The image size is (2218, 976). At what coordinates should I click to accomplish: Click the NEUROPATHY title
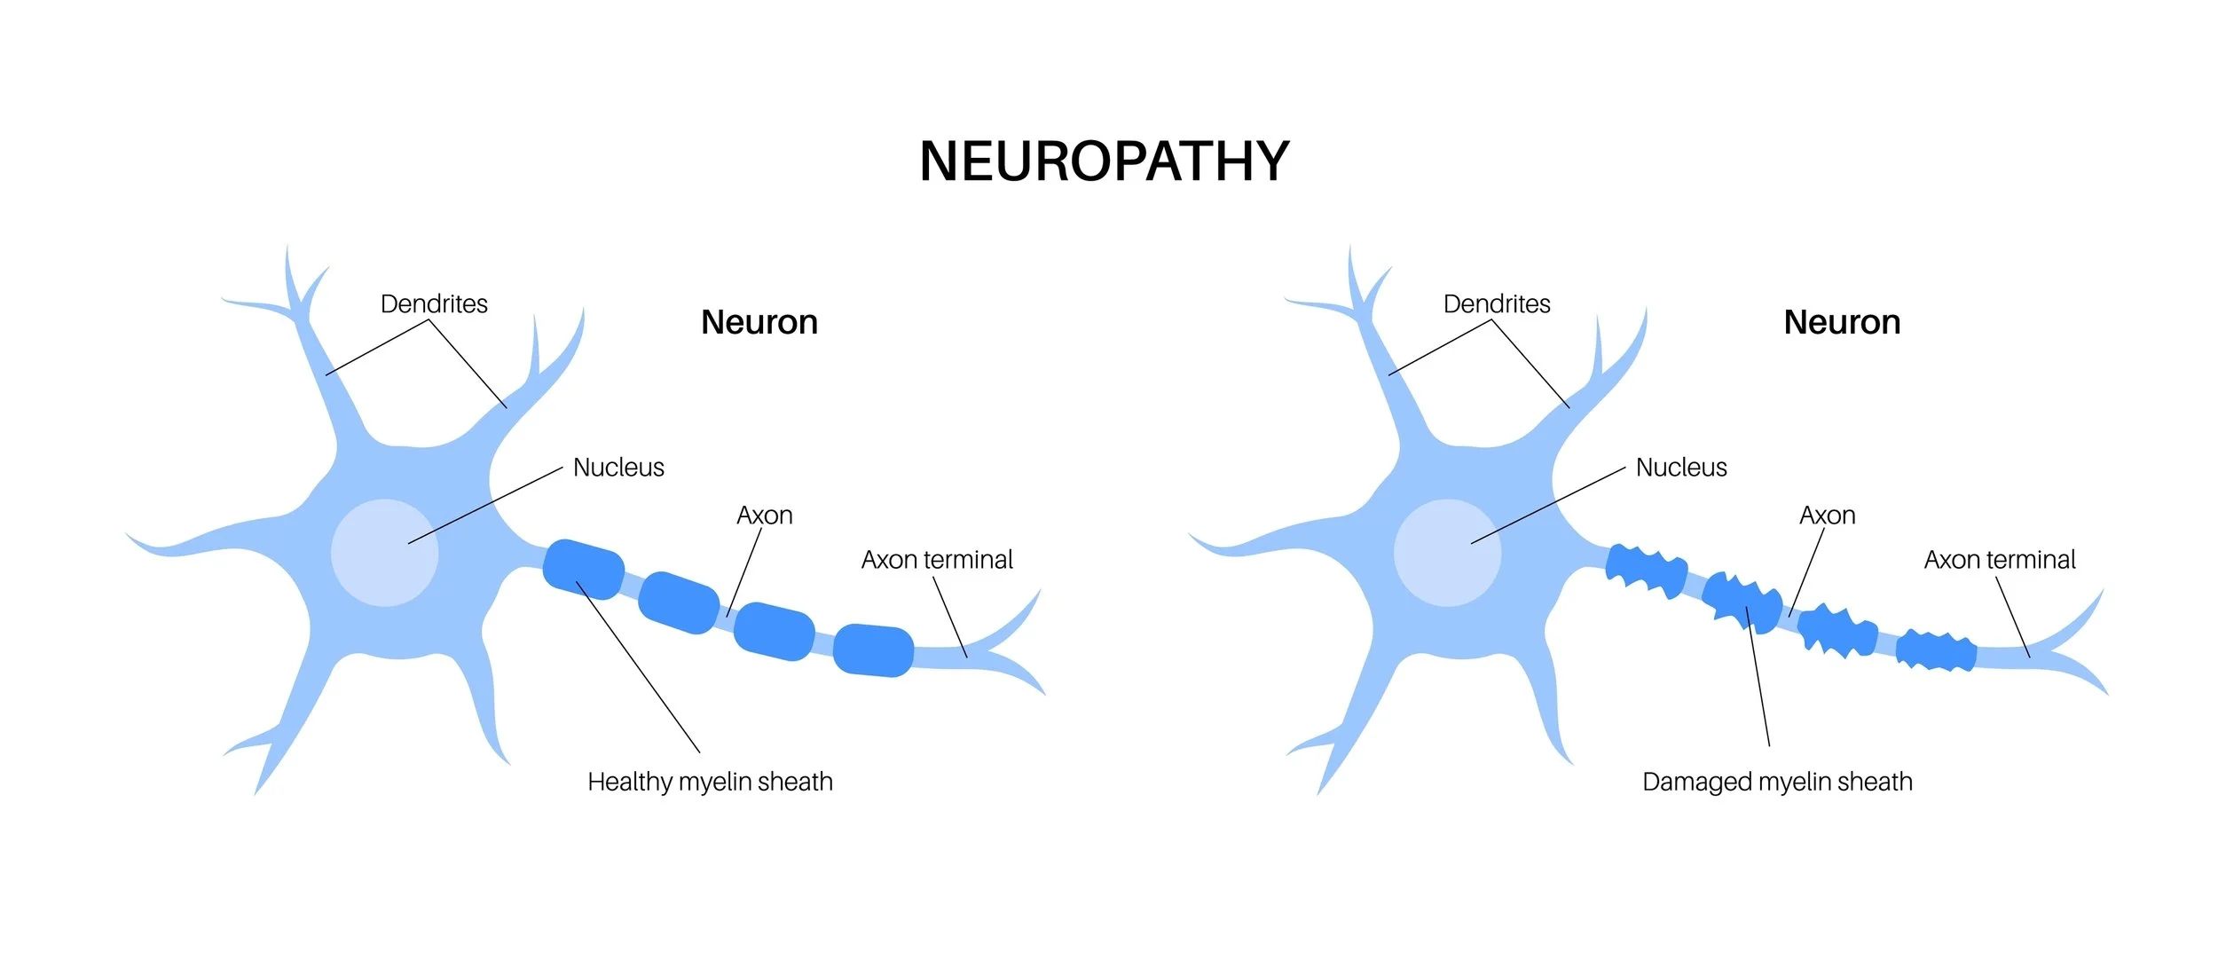click(1105, 161)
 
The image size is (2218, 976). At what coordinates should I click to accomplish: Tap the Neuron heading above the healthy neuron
click(759, 322)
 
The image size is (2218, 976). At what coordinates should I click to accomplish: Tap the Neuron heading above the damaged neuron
click(1842, 322)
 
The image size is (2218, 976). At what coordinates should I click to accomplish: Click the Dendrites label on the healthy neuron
click(434, 304)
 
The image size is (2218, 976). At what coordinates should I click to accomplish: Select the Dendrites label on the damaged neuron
click(1497, 304)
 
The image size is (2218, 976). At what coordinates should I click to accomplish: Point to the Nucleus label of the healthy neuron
click(618, 468)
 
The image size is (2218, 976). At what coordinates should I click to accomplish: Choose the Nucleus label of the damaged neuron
click(1681, 468)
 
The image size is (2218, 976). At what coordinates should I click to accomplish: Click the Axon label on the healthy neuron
click(764, 516)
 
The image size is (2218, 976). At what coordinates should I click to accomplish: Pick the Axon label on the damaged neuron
click(1827, 516)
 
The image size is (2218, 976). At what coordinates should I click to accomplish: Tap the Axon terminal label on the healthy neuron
click(937, 560)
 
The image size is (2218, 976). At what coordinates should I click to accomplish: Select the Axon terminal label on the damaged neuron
click(2000, 560)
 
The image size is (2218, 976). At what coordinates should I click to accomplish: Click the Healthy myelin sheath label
click(710, 782)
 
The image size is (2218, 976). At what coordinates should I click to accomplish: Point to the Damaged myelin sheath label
click(1777, 782)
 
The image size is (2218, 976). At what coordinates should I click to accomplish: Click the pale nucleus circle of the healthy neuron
click(384, 553)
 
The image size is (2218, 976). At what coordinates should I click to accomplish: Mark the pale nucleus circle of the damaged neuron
click(1447, 553)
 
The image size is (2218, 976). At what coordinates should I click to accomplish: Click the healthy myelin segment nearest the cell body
click(583, 569)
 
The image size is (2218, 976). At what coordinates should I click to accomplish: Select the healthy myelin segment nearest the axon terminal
click(873, 650)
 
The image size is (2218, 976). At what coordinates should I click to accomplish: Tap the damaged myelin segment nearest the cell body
click(1646, 571)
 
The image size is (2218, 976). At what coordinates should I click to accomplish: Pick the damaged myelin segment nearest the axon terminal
click(1936, 651)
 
